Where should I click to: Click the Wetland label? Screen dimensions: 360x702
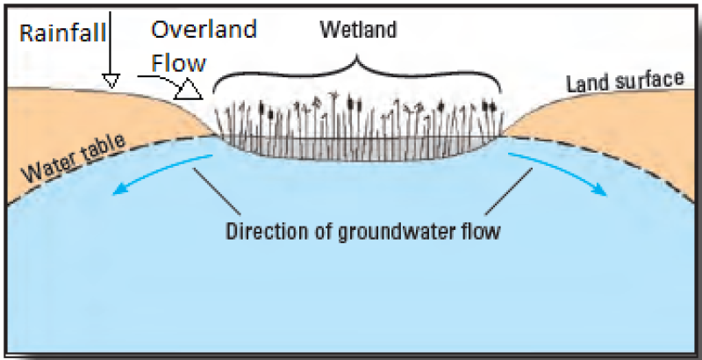[x=358, y=30]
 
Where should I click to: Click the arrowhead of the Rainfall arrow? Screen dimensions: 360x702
[x=110, y=80]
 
